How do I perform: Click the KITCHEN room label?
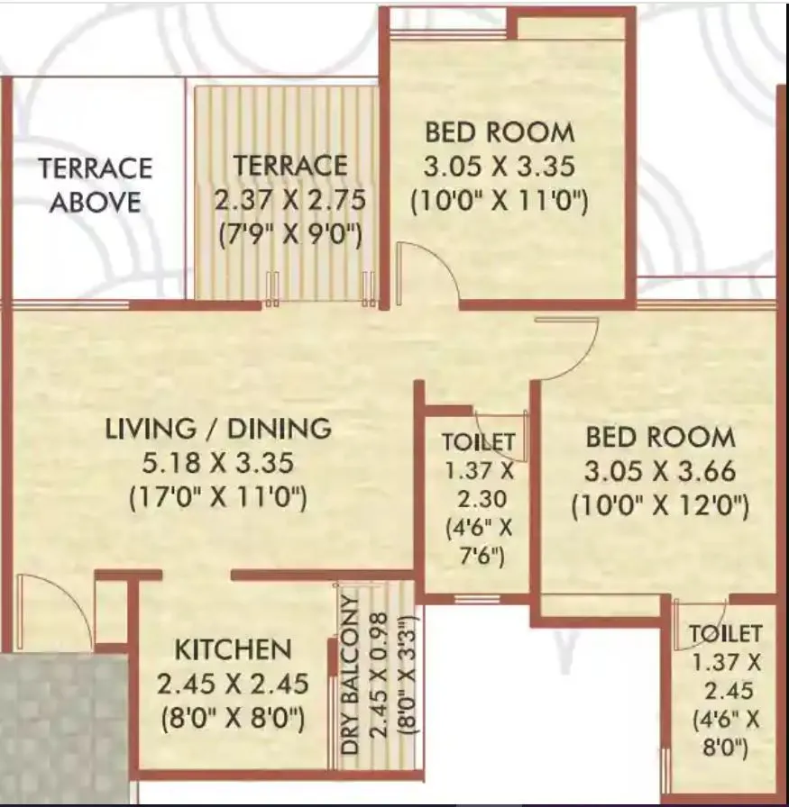coord(233,649)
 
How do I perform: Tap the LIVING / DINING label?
coord(218,429)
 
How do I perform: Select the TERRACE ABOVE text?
coord(95,185)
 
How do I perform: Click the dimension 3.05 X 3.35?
coord(500,166)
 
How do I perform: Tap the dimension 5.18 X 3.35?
coord(218,463)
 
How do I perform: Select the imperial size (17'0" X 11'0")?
coord(218,496)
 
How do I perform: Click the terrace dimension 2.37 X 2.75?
coord(290,199)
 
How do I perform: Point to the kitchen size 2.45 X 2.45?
coord(232,685)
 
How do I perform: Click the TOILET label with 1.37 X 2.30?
coord(478,442)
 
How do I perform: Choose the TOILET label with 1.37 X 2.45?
coord(726,634)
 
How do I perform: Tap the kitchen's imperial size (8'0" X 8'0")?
coord(232,720)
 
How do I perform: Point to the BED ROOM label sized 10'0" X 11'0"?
coord(500,132)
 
